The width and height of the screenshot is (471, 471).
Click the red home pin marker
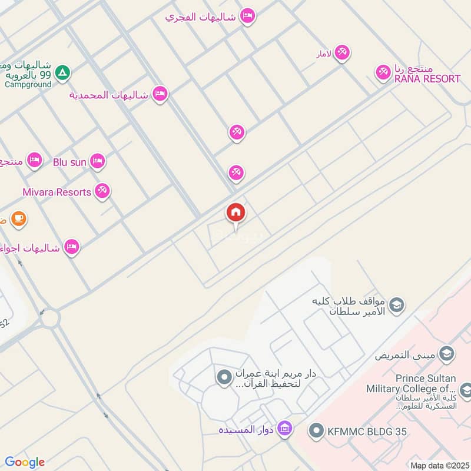pyautogui.click(x=236, y=213)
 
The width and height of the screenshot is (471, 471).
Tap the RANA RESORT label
pyautogui.click(x=426, y=78)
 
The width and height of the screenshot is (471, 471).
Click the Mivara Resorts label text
pyautogui.click(x=57, y=192)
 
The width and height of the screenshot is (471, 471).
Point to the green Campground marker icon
pyautogui.click(x=62, y=73)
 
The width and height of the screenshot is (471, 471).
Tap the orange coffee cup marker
pyautogui.click(x=18, y=219)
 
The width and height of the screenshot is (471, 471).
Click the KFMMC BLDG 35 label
pyautogui.click(x=367, y=432)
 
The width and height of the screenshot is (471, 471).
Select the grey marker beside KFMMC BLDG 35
pyautogui.click(x=317, y=431)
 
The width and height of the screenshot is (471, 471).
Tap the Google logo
pyautogui.click(x=24, y=462)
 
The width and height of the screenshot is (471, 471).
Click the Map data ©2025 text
pyautogui.click(x=439, y=465)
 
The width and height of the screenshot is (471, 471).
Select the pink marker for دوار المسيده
pyautogui.click(x=285, y=428)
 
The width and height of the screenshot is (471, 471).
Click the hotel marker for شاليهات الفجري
pyautogui.click(x=248, y=16)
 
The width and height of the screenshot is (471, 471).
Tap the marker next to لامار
pyautogui.click(x=342, y=52)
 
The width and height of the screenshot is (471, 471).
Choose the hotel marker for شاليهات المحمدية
pyautogui.click(x=160, y=94)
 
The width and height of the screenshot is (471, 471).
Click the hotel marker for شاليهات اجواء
pyautogui.click(x=72, y=247)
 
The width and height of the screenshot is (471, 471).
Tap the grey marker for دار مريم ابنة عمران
pyautogui.click(x=224, y=377)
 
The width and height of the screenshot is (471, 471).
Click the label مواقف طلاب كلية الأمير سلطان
pyautogui.click(x=350, y=306)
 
